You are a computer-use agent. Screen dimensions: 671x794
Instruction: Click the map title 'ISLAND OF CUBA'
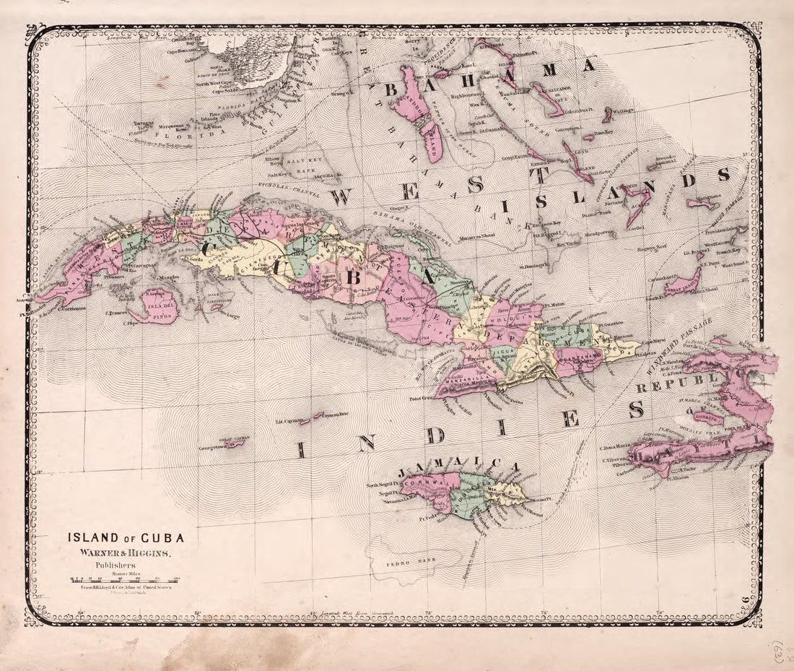[x=126, y=537]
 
